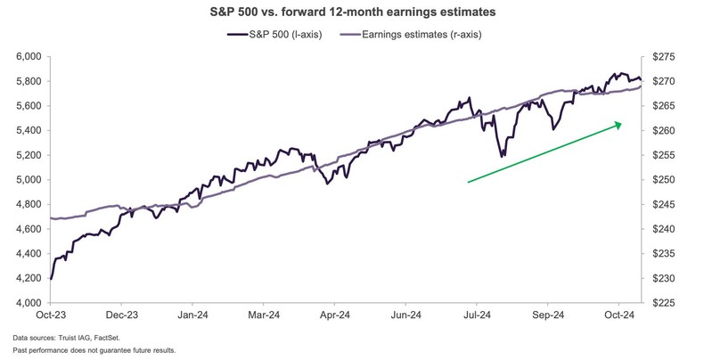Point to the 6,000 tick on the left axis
point(29,56)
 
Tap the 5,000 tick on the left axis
point(29,179)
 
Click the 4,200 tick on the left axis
point(29,278)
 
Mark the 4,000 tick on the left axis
point(29,303)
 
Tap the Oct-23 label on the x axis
point(51,315)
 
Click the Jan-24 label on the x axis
point(193,315)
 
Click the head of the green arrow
point(620,125)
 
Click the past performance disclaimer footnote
point(94,350)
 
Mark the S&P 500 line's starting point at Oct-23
point(50,279)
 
